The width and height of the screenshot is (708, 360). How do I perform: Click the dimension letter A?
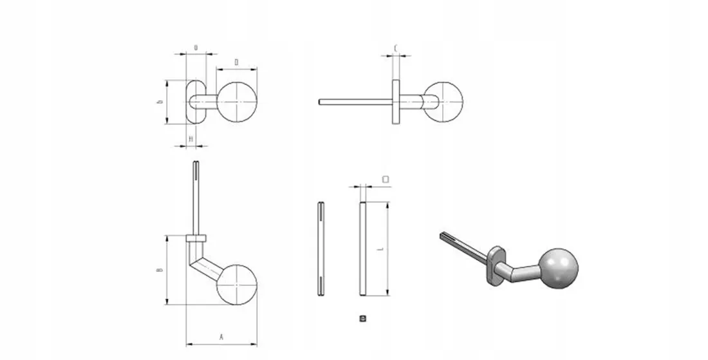(221, 336)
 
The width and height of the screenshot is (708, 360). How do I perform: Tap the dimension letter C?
(395, 48)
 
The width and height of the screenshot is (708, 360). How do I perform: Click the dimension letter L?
(381, 249)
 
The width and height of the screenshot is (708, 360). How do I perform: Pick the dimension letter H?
(191, 138)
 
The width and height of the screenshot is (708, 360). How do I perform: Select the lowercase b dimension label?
(159, 102)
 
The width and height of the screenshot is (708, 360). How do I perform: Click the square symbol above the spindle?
(385, 178)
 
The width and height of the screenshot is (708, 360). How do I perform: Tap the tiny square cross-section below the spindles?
(362, 318)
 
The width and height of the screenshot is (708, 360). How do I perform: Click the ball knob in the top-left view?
(238, 102)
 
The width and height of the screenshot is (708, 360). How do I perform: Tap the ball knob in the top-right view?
(445, 101)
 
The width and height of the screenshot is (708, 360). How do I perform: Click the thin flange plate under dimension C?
(395, 101)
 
